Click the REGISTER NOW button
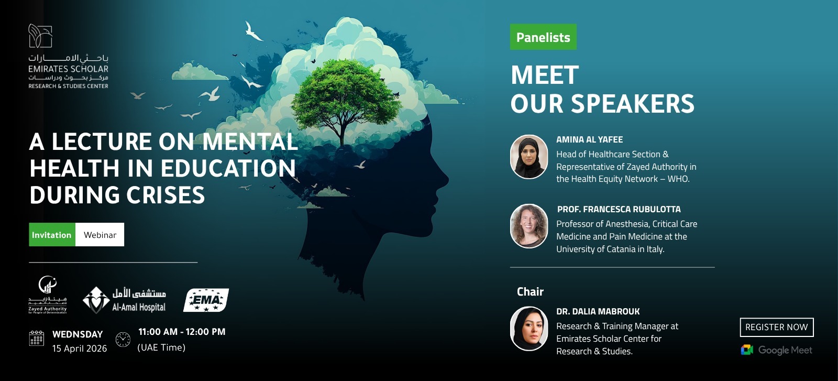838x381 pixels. (776, 327)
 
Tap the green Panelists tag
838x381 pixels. (543, 37)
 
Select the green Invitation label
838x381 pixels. (52, 235)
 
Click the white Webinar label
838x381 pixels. (100, 235)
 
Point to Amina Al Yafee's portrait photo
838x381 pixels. (529, 157)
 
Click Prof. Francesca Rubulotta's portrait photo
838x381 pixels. (529, 226)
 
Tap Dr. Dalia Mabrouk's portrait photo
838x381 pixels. (529, 329)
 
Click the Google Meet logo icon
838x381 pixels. (747, 350)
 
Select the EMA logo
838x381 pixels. (206, 300)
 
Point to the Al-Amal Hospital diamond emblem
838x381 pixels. (96, 300)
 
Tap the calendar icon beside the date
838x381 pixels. (37, 339)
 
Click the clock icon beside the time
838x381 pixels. (123, 339)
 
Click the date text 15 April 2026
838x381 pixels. (80, 349)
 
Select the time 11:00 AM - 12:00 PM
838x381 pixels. (182, 332)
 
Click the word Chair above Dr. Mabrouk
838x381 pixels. (530, 292)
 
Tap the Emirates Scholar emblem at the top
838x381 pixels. (40, 36)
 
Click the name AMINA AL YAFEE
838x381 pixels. (589, 139)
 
